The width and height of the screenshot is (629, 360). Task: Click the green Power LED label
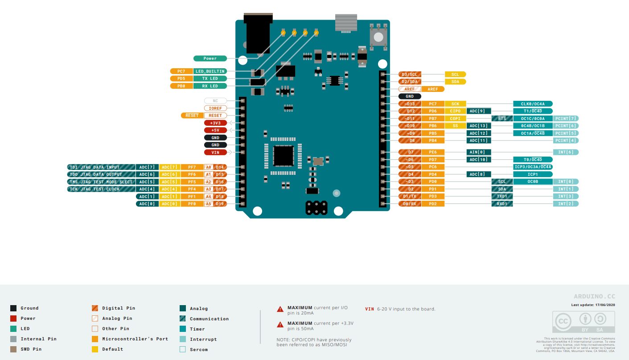coord(210,58)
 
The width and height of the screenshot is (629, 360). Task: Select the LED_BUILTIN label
coord(210,71)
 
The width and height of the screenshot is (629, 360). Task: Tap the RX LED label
coord(210,86)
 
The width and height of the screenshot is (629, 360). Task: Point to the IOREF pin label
coord(215,108)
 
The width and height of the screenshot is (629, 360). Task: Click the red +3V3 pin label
coord(215,123)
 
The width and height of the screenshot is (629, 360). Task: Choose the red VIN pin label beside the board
coord(215,152)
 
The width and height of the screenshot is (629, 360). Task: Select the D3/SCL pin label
coord(409,74)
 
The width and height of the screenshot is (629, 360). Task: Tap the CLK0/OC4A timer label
coord(533,104)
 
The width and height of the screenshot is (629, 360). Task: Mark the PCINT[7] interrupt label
coord(566,119)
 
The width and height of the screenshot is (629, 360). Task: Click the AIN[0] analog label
coord(479,152)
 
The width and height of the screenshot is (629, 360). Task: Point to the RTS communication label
coord(502,119)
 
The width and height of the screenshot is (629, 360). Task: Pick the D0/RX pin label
coord(409,204)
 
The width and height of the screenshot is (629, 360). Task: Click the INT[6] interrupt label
coord(566,152)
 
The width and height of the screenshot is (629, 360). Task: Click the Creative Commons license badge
coord(584,322)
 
